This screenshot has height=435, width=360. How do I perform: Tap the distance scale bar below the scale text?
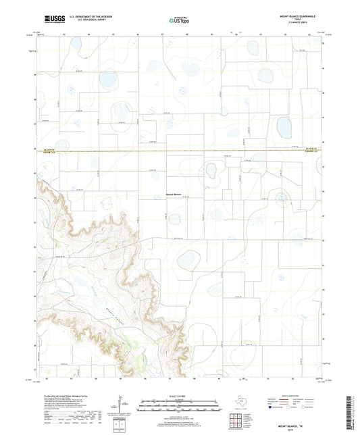coord(180,407)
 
